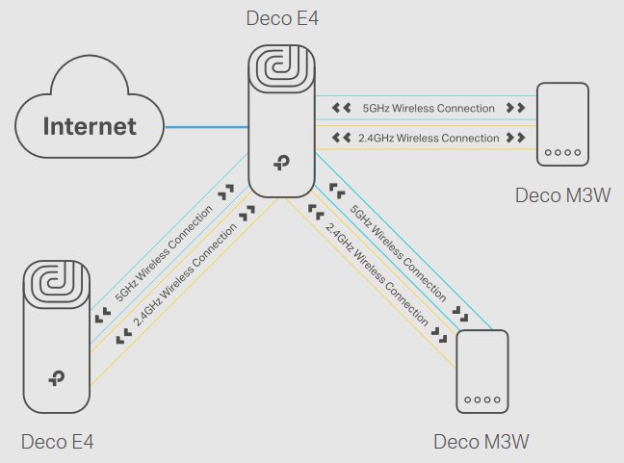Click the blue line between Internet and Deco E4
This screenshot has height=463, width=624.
click(206, 126)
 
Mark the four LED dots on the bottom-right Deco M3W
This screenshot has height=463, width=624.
click(481, 399)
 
